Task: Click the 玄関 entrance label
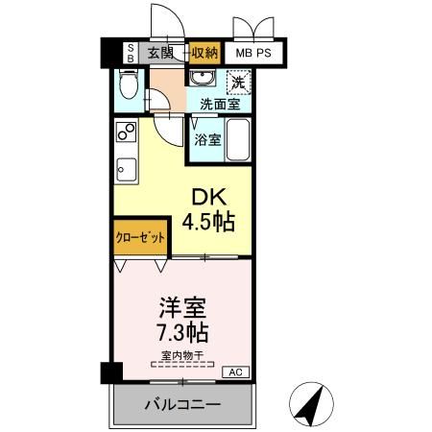(x=159, y=54)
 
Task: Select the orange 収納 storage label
(x=204, y=54)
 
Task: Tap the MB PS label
(x=253, y=54)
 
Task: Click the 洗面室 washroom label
(x=219, y=104)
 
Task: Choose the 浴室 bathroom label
(x=207, y=139)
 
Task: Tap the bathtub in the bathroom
(x=238, y=141)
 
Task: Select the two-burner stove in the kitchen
(x=124, y=140)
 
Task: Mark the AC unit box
(x=234, y=371)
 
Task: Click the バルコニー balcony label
(x=181, y=403)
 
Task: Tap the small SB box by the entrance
(x=131, y=54)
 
